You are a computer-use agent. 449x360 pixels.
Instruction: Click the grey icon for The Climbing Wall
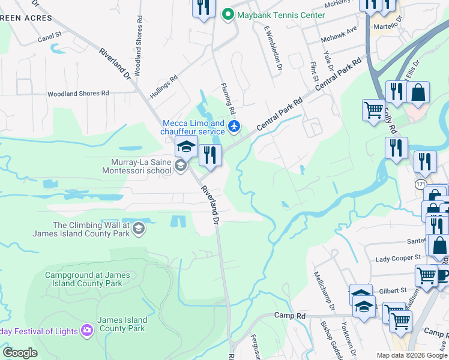pos(139,228)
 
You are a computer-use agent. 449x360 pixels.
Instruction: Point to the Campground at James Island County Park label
pos(87,279)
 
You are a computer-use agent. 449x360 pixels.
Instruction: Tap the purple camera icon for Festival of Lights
pos(88,331)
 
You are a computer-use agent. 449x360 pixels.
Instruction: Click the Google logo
pos(20,353)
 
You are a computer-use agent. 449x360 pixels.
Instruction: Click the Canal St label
pos(50,36)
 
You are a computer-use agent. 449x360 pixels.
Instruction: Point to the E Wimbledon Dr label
pos(272,47)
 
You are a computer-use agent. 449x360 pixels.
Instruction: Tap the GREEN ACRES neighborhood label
pos(20,17)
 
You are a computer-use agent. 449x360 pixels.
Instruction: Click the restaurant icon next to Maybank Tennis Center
pos(203,8)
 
